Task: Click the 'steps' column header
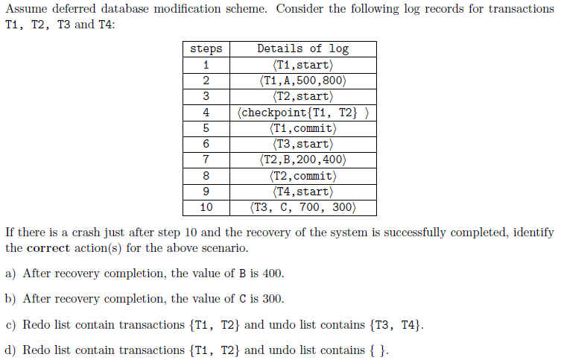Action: pos(206,49)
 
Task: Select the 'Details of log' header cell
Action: pos(303,48)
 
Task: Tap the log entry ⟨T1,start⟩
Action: pos(303,65)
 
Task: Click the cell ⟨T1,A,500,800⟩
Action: pos(303,80)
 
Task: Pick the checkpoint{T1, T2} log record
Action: pos(303,113)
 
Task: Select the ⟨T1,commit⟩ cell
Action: pos(303,128)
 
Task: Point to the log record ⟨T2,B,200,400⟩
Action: pos(303,160)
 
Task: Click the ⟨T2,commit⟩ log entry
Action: pos(303,176)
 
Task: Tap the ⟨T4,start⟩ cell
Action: pos(303,192)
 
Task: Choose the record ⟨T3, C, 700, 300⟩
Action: pos(303,207)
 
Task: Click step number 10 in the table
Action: pos(206,207)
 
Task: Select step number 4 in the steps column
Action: pos(206,113)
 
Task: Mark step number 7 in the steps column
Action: pos(206,160)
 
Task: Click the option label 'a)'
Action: pos(10,274)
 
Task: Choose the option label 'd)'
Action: pos(10,350)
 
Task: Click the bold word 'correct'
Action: pos(48,248)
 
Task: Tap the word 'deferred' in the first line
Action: pos(74,9)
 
